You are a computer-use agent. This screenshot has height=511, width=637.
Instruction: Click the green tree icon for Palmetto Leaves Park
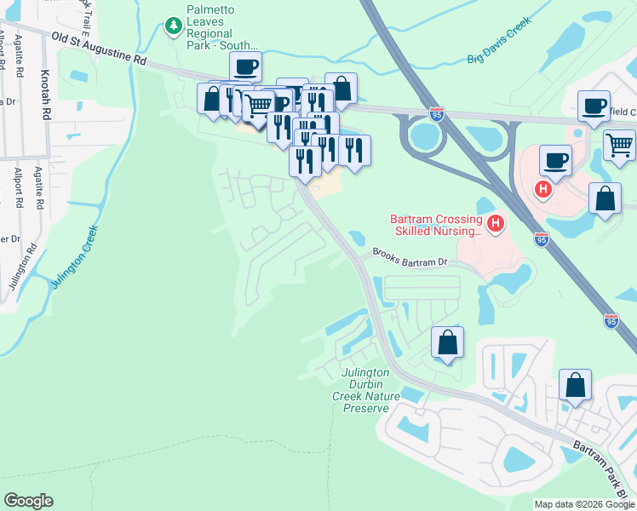point(174,26)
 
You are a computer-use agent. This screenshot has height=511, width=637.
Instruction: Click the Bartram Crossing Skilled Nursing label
point(436,224)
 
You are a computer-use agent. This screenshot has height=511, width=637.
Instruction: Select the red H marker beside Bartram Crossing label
point(496,224)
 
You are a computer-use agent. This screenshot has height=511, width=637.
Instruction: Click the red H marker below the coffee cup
point(542,188)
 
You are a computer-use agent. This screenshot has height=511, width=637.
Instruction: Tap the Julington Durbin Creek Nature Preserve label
point(365,389)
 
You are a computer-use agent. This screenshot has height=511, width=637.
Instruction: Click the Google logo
point(28,501)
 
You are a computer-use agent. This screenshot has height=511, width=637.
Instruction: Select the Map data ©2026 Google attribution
point(584,504)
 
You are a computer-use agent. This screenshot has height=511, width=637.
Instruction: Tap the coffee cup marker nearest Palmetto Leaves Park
point(245,66)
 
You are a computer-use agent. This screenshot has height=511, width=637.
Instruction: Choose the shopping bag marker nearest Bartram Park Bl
point(576,385)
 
